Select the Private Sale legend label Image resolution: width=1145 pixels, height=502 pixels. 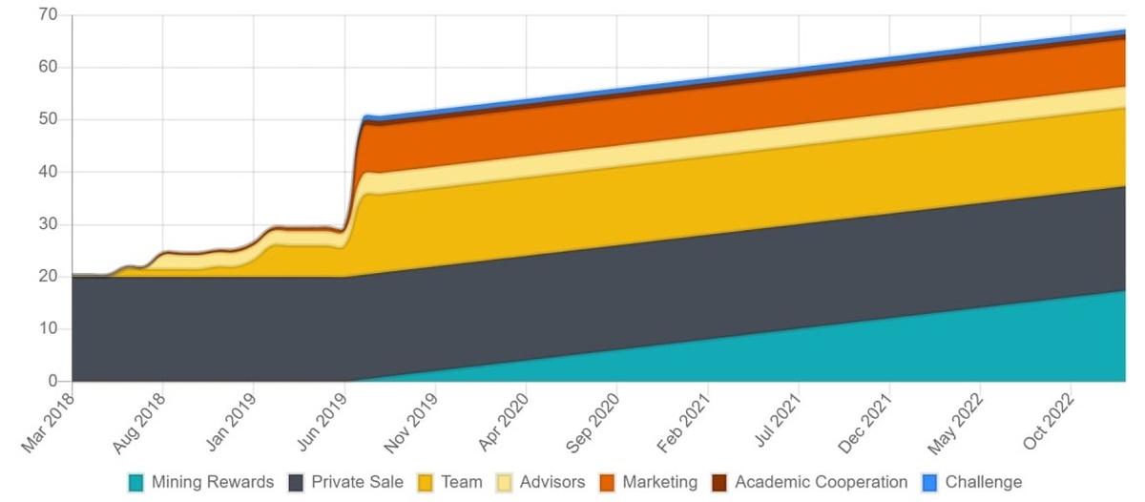pos(357,483)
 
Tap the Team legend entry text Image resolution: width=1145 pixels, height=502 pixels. pos(461,483)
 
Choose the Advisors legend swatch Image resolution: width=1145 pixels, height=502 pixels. pos(505,483)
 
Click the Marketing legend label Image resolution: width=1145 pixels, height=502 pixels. pos(659,483)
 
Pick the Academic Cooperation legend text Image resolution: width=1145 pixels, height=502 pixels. pos(821,483)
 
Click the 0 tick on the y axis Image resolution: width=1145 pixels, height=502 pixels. pos(53,382)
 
